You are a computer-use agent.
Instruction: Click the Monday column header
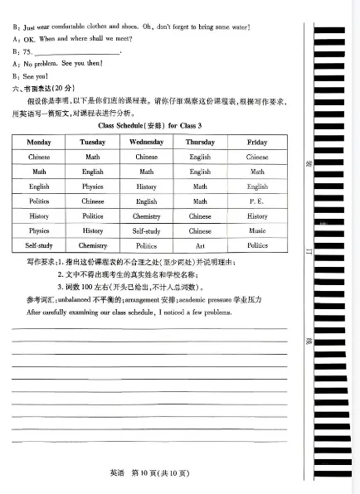(x=39, y=142)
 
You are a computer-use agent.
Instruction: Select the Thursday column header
(x=200, y=142)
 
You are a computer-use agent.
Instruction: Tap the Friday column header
(x=257, y=142)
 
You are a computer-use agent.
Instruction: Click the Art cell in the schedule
(x=200, y=245)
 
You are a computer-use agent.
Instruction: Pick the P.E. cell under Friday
(x=257, y=201)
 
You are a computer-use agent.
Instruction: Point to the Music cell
(x=257, y=231)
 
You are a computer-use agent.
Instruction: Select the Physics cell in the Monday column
(x=39, y=231)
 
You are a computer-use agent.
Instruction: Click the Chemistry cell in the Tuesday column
(x=93, y=245)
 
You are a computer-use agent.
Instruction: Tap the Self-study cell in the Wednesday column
(x=146, y=231)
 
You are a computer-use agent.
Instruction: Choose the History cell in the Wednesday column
(x=146, y=186)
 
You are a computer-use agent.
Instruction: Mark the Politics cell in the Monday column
(x=39, y=201)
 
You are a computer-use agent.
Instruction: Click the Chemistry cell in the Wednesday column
(x=146, y=216)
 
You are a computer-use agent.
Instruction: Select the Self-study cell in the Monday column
(x=39, y=245)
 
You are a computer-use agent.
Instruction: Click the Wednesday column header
(x=146, y=142)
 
